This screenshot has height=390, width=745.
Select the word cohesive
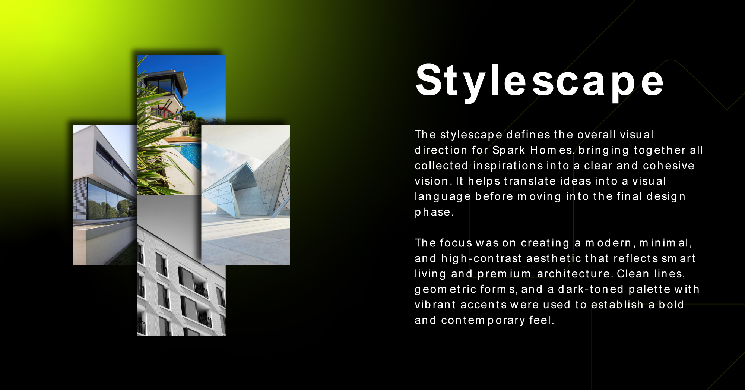coord(669,166)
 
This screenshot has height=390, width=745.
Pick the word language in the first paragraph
coord(443,197)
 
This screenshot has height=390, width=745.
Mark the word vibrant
coord(435,305)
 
